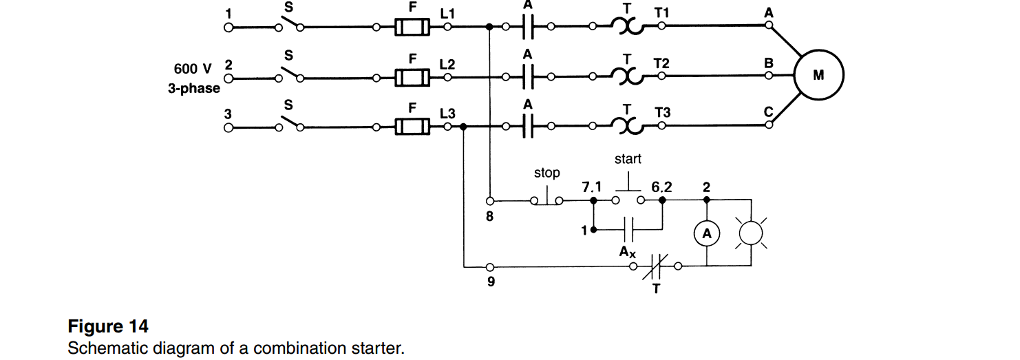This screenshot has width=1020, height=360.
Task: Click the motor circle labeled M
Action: pos(818,76)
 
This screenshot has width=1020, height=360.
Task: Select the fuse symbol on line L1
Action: pos(412,28)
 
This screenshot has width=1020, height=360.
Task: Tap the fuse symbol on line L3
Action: pos(412,127)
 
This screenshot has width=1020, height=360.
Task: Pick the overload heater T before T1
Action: pos(626,28)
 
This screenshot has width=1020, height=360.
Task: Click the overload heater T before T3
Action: pos(626,127)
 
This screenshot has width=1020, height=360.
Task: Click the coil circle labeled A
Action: pos(706,235)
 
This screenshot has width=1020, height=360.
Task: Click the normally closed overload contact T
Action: pos(655,266)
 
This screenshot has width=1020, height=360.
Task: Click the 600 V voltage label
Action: pos(193,69)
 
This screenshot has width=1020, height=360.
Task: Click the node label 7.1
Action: pos(591,186)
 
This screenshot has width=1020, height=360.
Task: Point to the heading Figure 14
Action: pos(108,326)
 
